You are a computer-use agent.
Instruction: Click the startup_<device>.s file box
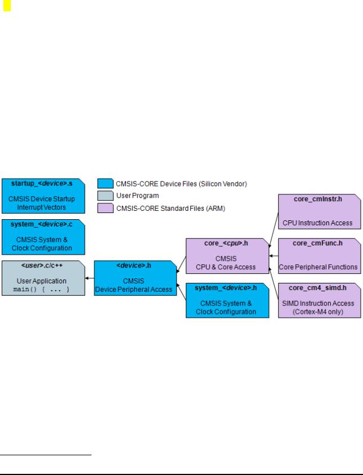point(43,196)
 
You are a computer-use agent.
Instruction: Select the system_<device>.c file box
point(43,237)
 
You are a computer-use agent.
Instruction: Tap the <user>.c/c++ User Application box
point(43,278)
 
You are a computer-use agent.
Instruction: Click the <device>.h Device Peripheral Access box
point(135,278)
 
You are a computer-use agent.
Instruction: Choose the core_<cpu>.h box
point(228,256)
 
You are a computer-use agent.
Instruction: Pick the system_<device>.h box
point(228,300)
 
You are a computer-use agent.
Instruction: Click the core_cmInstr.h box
point(320,211)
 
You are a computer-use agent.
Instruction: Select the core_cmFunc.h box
point(320,256)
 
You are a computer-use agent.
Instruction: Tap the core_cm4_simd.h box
point(320,300)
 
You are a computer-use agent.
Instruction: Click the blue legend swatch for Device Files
point(106,184)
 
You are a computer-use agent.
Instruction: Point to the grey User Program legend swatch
point(106,196)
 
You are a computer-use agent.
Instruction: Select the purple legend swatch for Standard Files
point(106,208)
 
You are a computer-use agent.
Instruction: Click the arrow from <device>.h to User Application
point(90,278)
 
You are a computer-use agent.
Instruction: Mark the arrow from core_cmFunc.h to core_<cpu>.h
point(274,256)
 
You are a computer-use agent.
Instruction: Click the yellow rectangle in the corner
point(7,6)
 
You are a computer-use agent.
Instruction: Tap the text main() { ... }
point(42,289)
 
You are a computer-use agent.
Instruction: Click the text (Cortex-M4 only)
point(318,312)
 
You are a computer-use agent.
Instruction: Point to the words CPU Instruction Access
point(317,223)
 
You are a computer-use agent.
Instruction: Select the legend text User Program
point(138,196)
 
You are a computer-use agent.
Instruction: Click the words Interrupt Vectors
point(42,207)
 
